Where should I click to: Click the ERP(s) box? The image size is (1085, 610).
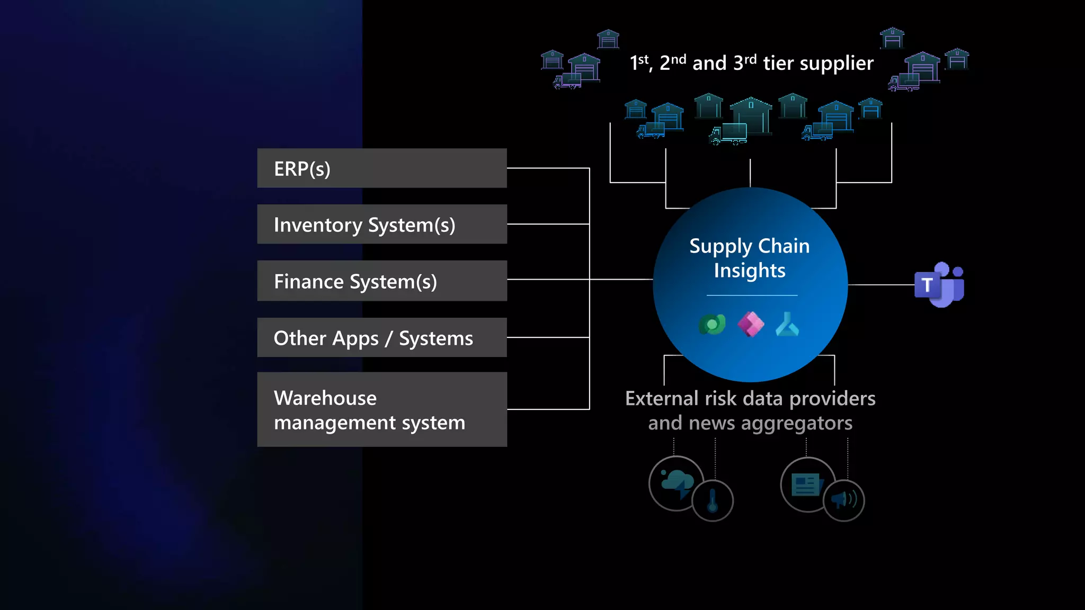[381, 168]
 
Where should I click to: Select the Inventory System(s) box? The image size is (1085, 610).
[381, 225]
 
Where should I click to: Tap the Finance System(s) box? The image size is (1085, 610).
[381, 281]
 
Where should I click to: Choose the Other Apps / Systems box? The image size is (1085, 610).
[381, 338]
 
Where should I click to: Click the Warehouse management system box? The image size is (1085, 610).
[381, 410]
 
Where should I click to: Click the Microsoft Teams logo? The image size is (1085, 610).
[939, 285]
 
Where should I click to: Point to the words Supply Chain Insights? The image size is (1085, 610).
[749, 258]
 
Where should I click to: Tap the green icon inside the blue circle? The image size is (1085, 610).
[712, 324]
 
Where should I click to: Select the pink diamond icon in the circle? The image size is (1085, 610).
[751, 324]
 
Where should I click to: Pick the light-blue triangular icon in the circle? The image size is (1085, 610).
[787, 325]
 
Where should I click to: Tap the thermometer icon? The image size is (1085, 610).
[713, 500]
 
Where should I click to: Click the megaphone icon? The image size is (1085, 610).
[843, 500]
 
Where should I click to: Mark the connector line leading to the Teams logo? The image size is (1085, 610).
[881, 285]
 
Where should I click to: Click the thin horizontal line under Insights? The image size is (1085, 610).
[752, 295]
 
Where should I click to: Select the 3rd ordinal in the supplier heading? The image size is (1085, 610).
[745, 62]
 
